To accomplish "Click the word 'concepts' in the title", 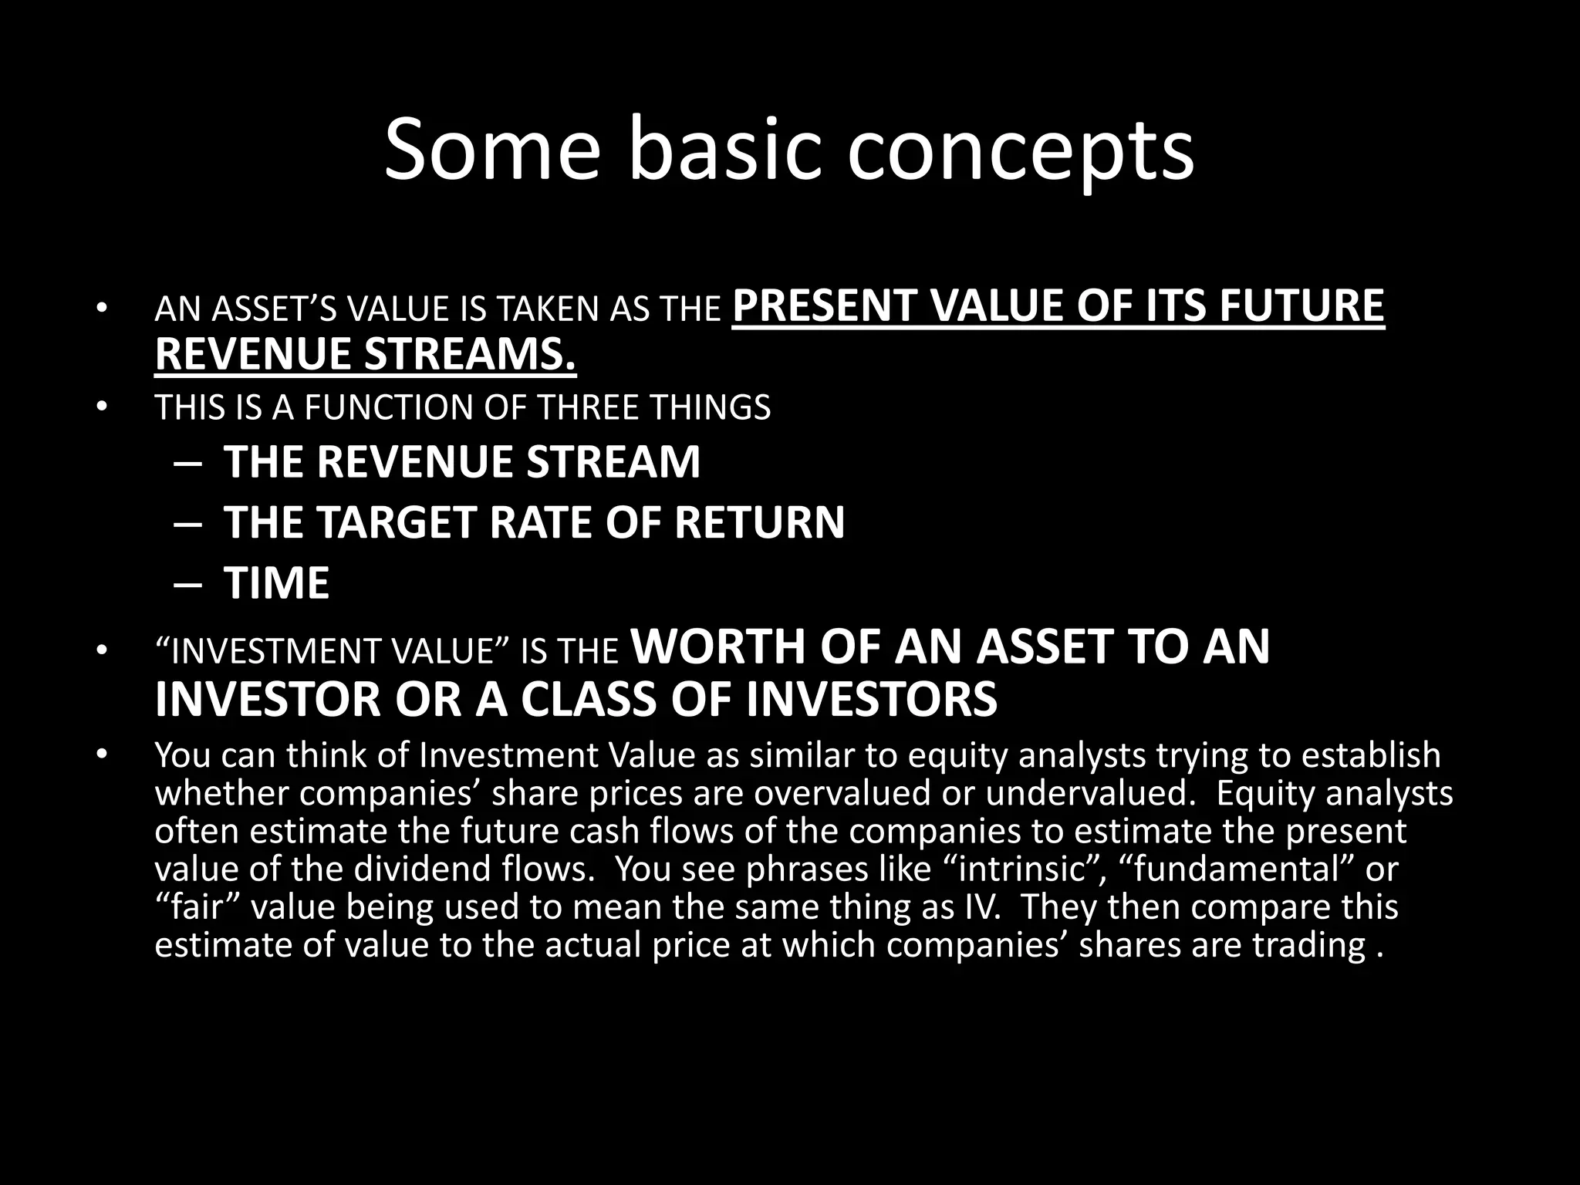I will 1020,150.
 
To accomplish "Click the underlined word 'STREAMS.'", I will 470,354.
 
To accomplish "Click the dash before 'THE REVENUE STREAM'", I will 187,464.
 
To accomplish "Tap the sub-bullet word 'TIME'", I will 276,583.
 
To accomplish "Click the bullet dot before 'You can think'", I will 100,754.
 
